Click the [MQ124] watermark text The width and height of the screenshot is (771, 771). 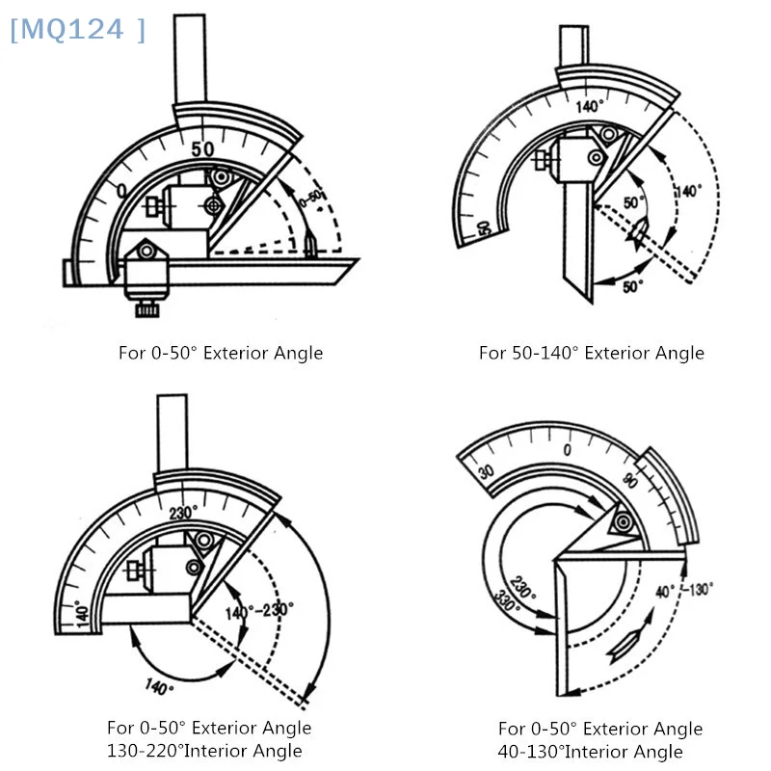click(77, 30)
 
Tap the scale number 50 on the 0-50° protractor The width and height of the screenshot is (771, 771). click(202, 148)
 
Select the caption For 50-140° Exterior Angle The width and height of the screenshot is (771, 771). click(591, 353)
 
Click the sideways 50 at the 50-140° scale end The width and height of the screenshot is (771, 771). click(485, 228)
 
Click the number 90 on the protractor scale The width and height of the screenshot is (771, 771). click(631, 481)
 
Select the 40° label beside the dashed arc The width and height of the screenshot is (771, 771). click(664, 591)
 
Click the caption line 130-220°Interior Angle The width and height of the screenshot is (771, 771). click(204, 751)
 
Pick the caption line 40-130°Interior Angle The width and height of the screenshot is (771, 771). click(590, 752)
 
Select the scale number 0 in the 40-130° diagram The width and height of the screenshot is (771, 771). click(567, 449)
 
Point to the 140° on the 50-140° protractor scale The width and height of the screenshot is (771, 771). click(589, 106)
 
